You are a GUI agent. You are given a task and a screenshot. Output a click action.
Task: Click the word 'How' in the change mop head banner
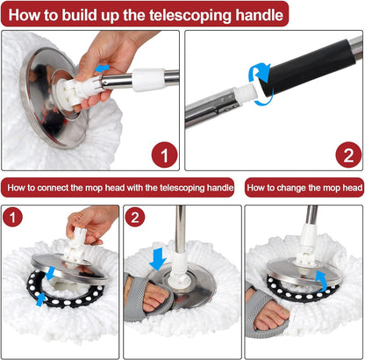point(260,188)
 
